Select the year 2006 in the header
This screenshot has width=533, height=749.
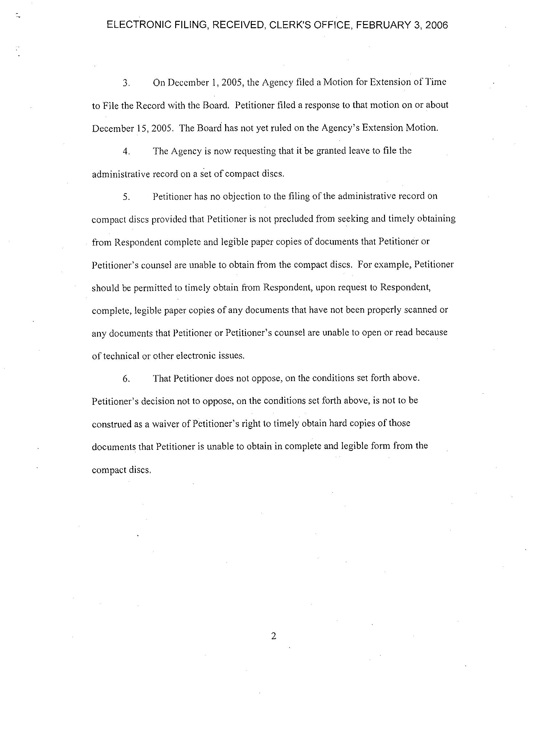[x=436, y=25]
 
